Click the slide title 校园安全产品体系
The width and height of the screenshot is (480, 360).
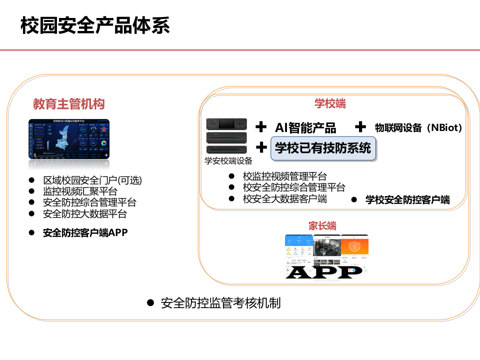(x=95, y=25)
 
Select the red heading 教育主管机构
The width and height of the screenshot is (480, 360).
(x=68, y=104)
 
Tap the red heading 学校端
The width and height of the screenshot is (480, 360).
(x=330, y=104)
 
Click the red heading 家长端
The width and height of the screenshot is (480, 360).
(x=322, y=225)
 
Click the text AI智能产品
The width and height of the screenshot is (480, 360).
(x=305, y=127)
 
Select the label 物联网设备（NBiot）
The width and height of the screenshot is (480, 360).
(x=418, y=127)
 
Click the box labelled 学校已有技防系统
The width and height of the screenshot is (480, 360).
(x=323, y=148)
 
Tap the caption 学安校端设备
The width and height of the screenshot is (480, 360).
(x=228, y=161)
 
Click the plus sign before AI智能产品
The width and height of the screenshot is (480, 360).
(x=261, y=127)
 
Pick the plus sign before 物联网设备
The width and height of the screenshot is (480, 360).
(x=360, y=127)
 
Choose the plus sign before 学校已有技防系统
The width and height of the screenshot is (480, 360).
(x=261, y=147)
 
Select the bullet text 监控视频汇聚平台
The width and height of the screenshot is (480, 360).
(x=80, y=191)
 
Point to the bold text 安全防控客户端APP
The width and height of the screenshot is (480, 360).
(x=85, y=232)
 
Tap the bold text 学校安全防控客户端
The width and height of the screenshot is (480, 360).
(x=407, y=200)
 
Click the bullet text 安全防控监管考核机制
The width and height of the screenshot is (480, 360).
(x=220, y=303)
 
